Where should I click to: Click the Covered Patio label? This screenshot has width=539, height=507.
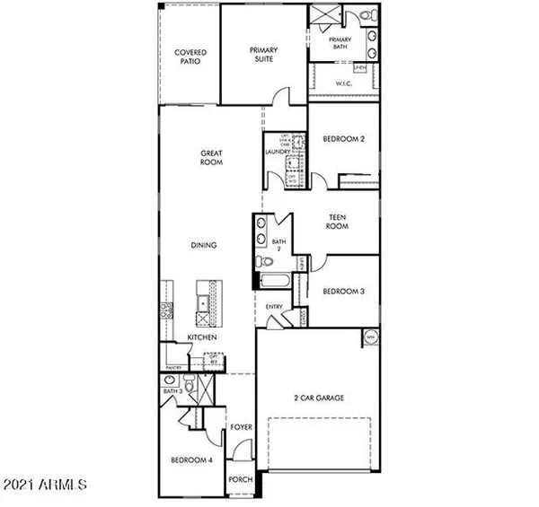(190, 57)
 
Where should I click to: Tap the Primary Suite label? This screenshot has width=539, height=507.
(263, 56)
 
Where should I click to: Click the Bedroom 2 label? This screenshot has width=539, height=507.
(342, 138)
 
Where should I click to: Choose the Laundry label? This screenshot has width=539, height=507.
(276, 153)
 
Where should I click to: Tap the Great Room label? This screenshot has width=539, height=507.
(211, 159)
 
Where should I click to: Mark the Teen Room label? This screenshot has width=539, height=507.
(338, 221)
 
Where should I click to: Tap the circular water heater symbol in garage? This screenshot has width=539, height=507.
(370, 337)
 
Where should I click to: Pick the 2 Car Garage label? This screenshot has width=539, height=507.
(319, 398)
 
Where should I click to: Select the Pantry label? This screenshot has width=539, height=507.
(173, 367)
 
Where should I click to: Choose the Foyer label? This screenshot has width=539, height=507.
(240, 427)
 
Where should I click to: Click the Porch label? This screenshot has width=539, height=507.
(240, 480)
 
